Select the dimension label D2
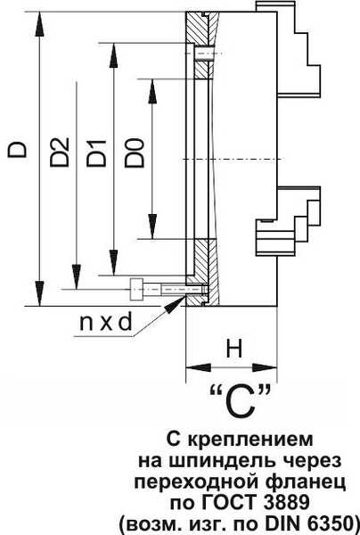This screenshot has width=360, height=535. tap(60, 152)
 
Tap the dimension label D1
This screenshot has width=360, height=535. tap(96, 152)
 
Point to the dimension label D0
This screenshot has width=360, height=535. tap(134, 152)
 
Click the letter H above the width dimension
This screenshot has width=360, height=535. tap(234, 349)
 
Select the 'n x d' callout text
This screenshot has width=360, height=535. tap(105, 322)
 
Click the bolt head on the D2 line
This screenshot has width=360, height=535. tap(136, 289)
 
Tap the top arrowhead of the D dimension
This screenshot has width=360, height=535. tap(40, 23)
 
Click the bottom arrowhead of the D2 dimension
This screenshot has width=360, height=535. tap(77, 276)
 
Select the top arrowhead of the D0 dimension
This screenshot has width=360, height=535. tap(152, 91)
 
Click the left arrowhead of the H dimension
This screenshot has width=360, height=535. tap(199, 367)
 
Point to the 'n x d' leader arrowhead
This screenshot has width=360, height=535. tap(176, 304)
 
